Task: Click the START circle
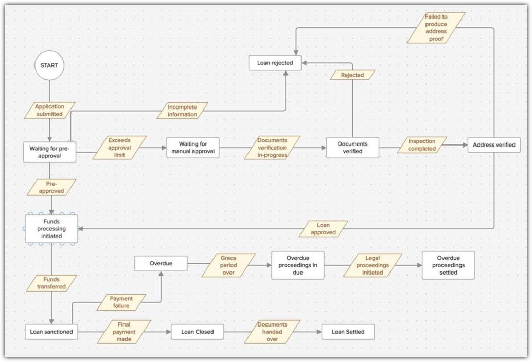point(49,66)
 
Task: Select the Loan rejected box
point(275,63)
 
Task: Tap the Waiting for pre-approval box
point(49,152)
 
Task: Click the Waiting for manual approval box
point(193,148)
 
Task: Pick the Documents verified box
point(352,148)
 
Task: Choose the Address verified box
point(494,145)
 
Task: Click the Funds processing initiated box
point(52,229)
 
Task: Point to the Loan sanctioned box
point(51,332)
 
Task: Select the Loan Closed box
point(198,332)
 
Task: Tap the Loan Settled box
point(348,332)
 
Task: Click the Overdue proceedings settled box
point(448,265)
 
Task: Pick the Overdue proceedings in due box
point(298,265)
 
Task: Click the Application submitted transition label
point(50,110)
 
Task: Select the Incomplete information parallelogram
point(182,111)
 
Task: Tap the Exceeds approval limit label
point(119,148)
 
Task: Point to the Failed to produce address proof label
point(436,28)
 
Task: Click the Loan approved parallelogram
point(323,229)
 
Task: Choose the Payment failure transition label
point(121,302)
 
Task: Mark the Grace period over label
point(228,265)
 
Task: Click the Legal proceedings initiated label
point(373,265)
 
